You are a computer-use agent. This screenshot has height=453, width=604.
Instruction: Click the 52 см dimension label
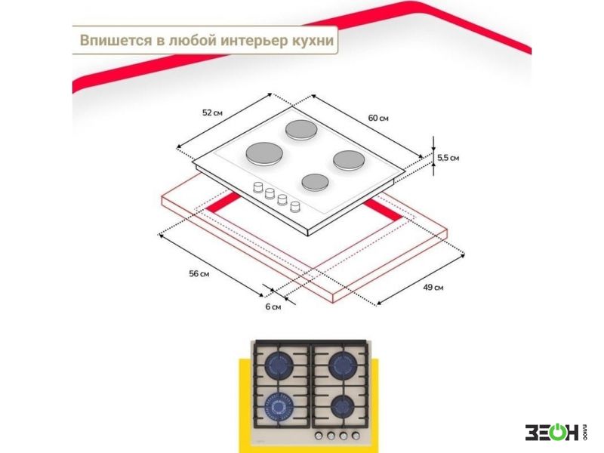tap(212, 112)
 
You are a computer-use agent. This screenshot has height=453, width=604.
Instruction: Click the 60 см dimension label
tap(378, 118)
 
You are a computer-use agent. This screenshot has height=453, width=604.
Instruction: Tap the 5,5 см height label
tap(448, 158)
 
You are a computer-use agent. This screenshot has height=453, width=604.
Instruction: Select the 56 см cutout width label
tap(199, 274)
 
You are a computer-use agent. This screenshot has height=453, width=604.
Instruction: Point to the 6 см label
tap(273, 307)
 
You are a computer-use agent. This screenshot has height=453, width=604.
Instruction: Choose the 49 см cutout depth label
tap(433, 288)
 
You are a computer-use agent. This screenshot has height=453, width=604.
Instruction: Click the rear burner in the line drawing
tap(301, 130)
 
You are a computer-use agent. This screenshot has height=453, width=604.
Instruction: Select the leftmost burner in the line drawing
tap(264, 154)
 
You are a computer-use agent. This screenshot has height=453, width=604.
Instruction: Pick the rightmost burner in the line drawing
tap(349, 160)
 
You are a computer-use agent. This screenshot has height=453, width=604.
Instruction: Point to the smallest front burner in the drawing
tap(315, 182)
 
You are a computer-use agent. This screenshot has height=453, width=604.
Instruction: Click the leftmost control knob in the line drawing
tap(257, 187)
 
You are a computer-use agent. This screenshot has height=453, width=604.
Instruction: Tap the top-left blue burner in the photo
tap(279, 365)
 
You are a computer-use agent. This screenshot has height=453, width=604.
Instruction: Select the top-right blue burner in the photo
tap(343, 365)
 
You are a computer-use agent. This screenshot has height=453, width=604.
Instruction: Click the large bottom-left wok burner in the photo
tap(279, 407)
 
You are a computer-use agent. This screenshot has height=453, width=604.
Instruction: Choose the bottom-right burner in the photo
tap(342, 406)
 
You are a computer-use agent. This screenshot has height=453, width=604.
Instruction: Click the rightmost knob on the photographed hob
tap(356, 436)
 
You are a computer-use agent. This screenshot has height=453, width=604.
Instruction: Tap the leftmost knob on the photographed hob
tap(319, 436)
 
